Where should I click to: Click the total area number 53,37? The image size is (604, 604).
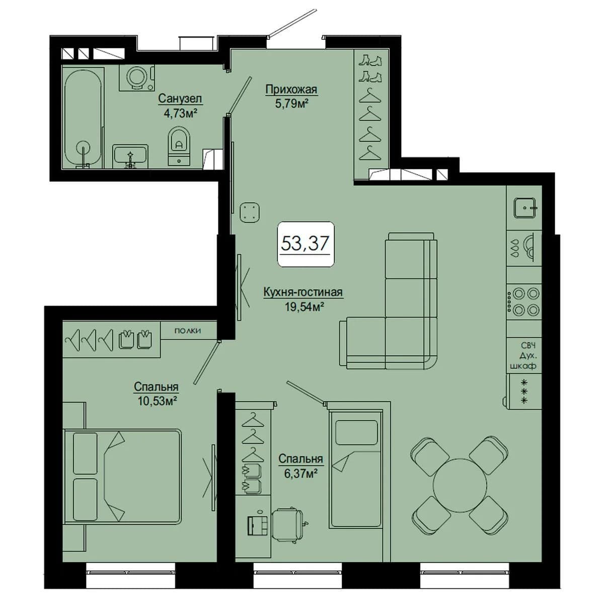pyautogui.click(x=305, y=243)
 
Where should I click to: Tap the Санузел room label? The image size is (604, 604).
pyautogui.click(x=180, y=99)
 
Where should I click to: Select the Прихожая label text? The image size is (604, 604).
pyautogui.click(x=291, y=89)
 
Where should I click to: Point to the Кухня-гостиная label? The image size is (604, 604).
pyautogui.click(x=303, y=292)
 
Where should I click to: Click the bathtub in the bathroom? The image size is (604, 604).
pyautogui.click(x=83, y=118)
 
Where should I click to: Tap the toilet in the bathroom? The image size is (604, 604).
pyautogui.click(x=179, y=146)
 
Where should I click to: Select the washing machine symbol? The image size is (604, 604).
pyautogui.click(x=137, y=78)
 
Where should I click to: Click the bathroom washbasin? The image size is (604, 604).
pyautogui.click(x=130, y=156)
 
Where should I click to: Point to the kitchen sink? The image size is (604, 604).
pyautogui.click(x=525, y=207)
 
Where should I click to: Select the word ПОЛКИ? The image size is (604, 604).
pyautogui.click(x=187, y=331)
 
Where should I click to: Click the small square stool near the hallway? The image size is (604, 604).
pyautogui.click(x=250, y=212)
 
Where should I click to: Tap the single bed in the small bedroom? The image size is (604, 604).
pyautogui.click(x=355, y=468)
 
